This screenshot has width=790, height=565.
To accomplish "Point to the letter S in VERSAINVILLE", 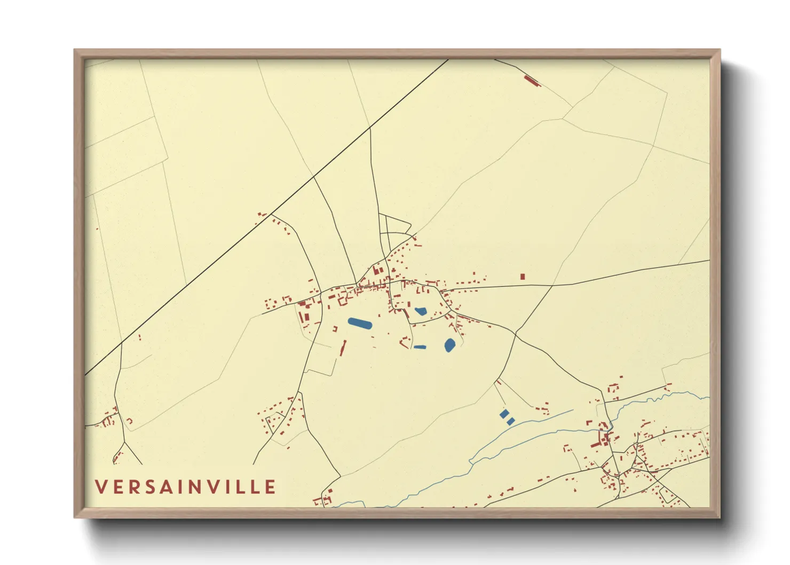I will point(151,487).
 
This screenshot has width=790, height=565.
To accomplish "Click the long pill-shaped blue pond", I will point(360,323).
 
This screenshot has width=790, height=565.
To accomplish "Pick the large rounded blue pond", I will point(449,345).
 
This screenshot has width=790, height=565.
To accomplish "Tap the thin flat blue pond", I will point(420,347).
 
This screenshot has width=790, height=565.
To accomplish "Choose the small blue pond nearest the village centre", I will point(421,311).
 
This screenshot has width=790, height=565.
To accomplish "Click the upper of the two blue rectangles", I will point(504,413).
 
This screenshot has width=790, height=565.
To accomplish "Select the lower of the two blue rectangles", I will point(510,421).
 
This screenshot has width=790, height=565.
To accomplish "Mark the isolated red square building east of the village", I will point(523,277).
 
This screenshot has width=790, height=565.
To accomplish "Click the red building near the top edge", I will point(532,81).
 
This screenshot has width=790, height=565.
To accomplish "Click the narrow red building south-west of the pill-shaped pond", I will point(343,348).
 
